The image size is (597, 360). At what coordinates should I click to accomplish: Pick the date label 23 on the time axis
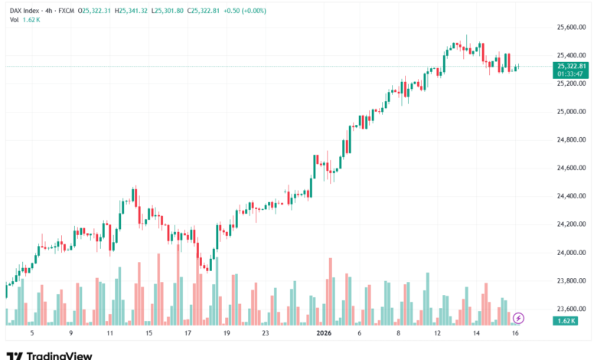point(265,333)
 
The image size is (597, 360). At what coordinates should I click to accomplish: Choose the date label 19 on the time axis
point(227,333)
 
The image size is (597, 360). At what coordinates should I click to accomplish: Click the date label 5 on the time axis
point(31,333)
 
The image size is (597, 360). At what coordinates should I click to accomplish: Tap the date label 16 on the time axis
point(517,333)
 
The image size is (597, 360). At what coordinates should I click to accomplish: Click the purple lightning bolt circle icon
point(518,318)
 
